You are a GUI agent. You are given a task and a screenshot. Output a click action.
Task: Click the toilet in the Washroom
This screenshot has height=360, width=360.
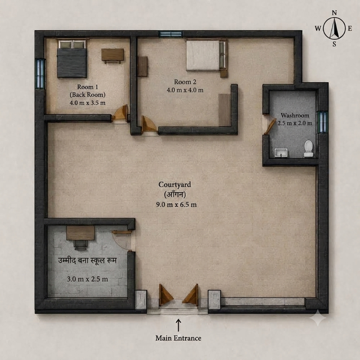point(309,148)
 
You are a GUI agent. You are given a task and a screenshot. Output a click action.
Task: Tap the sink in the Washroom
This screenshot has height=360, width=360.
point(281,152)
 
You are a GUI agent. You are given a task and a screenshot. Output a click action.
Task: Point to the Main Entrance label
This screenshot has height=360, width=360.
point(178,338)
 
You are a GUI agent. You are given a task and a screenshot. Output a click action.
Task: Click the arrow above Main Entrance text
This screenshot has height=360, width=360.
point(178,325)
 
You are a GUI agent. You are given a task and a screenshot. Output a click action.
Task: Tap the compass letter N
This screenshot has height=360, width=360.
point(334,13)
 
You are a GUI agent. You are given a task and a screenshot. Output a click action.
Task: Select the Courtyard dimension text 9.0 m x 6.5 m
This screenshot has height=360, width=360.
point(176,204)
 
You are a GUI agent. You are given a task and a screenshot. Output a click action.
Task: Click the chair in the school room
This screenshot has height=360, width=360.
point(80,245)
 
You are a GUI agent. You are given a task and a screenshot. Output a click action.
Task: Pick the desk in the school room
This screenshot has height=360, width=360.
point(80,233)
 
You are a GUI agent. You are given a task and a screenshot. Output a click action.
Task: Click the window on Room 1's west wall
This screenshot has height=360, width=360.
point(40,74)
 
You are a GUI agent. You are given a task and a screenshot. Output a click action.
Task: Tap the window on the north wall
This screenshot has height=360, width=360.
point(171,34)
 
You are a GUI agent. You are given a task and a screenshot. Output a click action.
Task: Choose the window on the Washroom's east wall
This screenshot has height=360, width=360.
point(322,122)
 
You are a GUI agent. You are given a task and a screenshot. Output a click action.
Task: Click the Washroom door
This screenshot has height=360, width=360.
point(270,127)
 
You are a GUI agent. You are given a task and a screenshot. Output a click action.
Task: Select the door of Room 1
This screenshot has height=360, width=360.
point(120,112)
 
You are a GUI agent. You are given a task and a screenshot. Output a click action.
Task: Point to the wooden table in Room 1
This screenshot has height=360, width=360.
point(112,56)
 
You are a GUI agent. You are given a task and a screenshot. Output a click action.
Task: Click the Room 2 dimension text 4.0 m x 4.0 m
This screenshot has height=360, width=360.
point(185,90)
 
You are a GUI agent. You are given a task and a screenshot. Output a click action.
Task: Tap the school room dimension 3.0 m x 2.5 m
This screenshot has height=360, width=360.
point(88,279)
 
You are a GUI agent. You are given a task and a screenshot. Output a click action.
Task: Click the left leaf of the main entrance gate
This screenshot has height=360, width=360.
point(166,295)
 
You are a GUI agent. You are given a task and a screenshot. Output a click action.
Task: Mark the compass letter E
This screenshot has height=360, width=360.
point(350,29)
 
